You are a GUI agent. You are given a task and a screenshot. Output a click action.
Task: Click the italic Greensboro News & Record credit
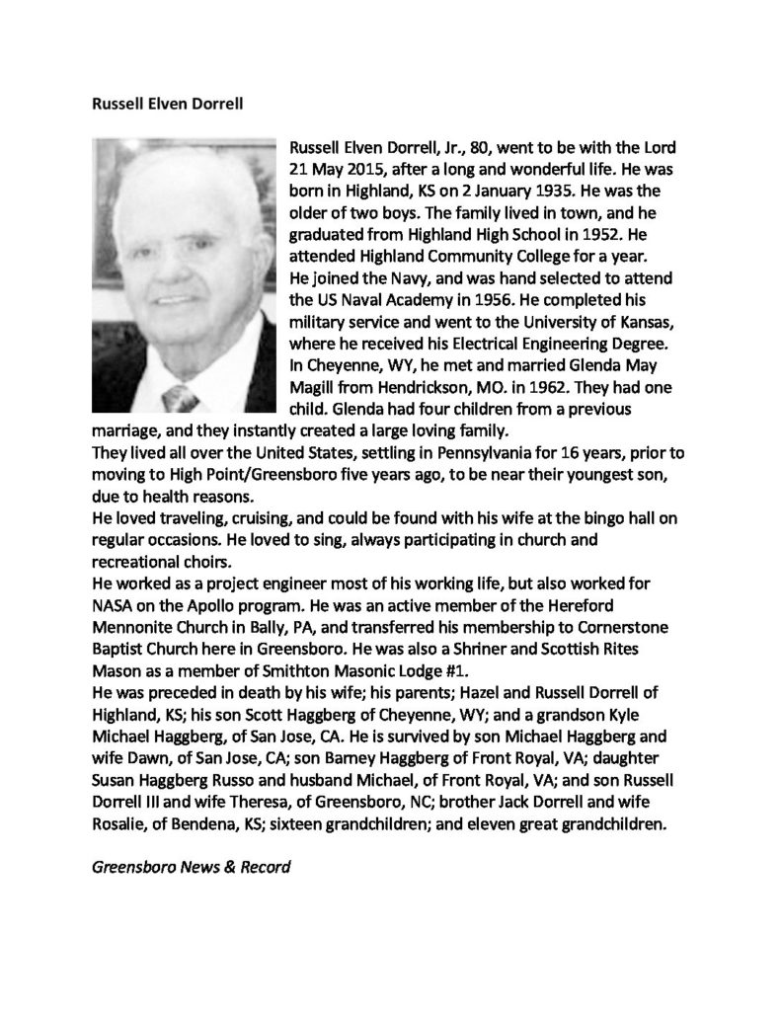(x=192, y=869)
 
